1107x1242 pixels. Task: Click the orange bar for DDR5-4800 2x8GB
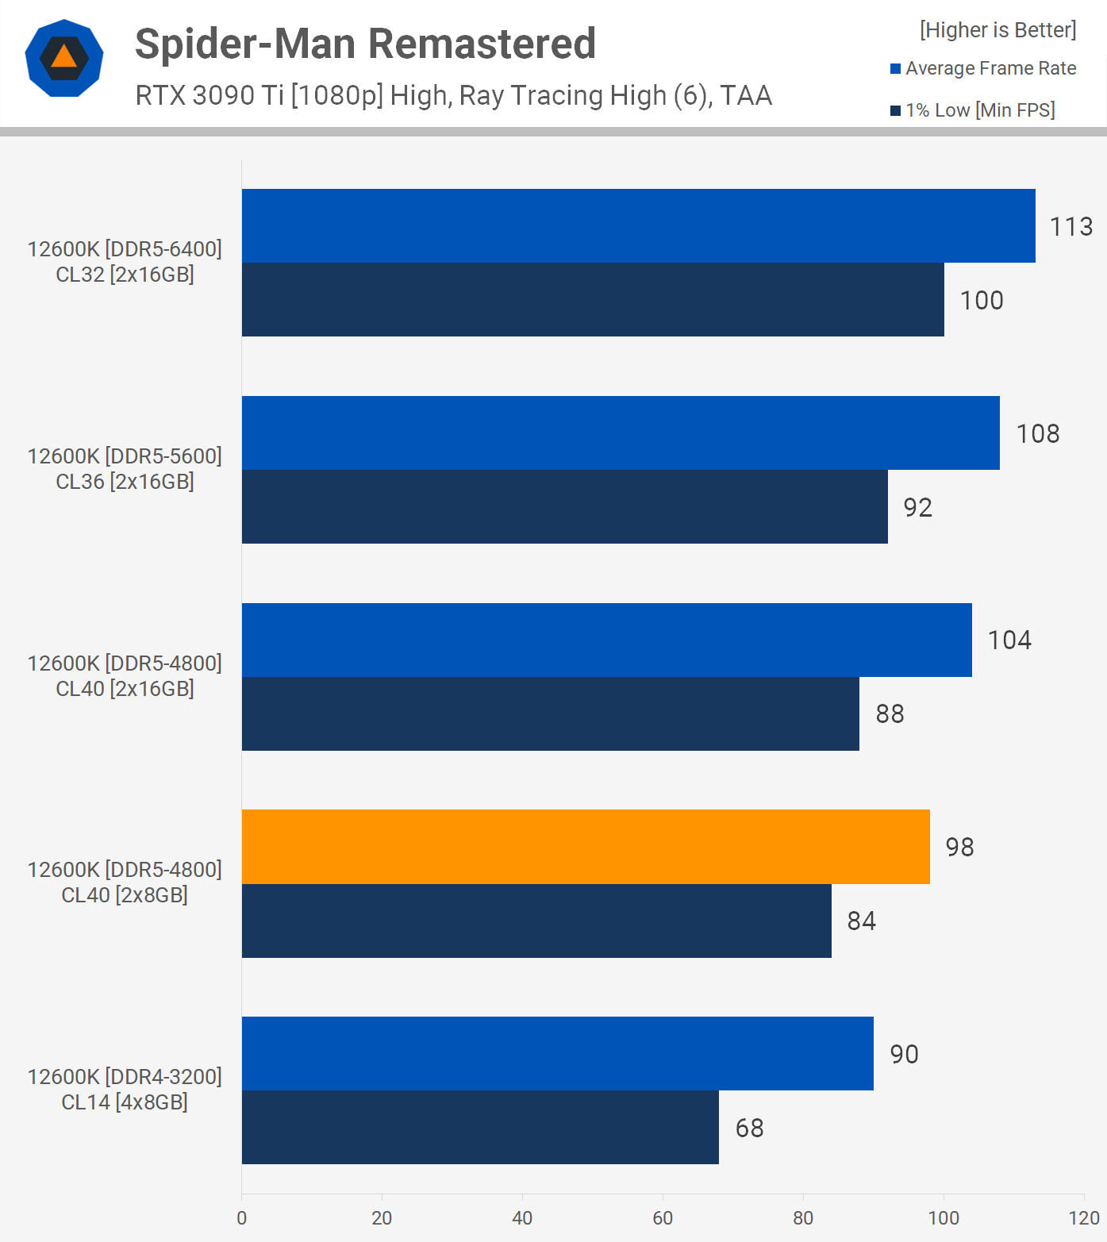tap(586, 847)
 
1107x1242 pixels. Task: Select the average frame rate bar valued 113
tap(638, 225)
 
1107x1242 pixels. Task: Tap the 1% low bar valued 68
tap(480, 1127)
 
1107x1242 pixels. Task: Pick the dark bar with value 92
tap(564, 506)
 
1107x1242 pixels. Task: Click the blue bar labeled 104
tap(606, 640)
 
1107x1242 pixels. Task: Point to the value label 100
tap(982, 300)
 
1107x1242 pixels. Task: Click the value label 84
tap(861, 921)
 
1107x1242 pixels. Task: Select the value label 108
tap(1038, 433)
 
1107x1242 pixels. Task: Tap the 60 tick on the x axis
tap(663, 1218)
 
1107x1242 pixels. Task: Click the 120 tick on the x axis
tap(1083, 1218)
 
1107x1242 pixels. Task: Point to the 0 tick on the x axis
tap(242, 1218)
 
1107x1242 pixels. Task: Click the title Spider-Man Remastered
tap(365, 44)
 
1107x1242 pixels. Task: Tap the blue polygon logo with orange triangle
tap(64, 58)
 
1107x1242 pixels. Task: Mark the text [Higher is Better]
tap(997, 30)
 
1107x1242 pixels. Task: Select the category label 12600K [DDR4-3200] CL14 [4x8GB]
tap(125, 1089)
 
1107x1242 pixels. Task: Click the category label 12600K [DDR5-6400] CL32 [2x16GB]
tap(125, 261)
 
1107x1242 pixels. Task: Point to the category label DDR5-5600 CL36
tap(125, 468)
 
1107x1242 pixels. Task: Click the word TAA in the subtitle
tap(746, 95)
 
